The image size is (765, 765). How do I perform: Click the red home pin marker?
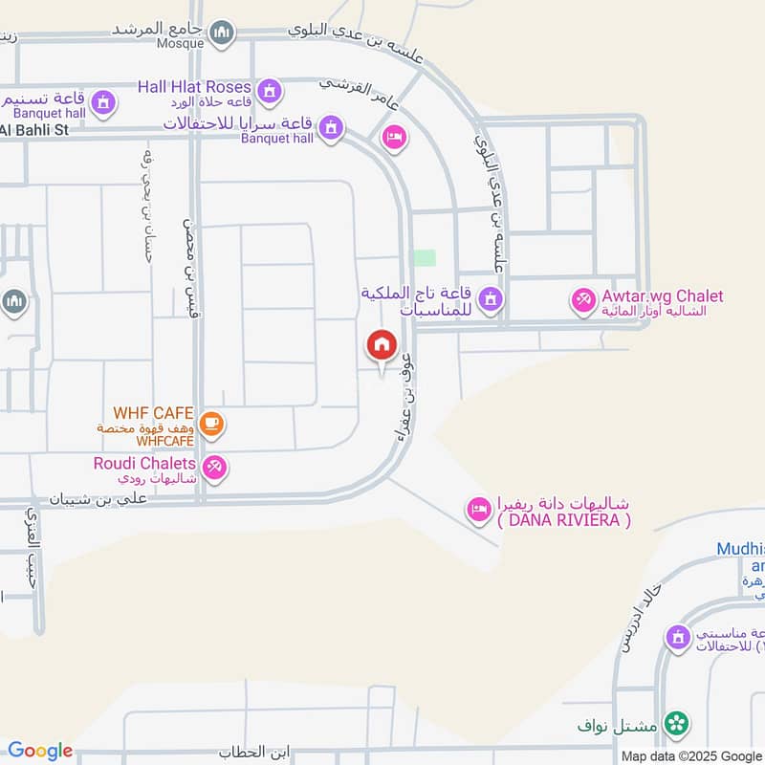381,345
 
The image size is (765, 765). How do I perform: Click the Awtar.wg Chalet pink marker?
581,300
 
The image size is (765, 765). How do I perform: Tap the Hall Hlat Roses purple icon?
270,90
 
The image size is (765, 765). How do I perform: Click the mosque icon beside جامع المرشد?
223,33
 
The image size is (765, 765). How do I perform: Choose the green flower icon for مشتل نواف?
677,723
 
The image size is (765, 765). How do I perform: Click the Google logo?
40,751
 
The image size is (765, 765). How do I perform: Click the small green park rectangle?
423,257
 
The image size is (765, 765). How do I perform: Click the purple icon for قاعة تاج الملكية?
491,300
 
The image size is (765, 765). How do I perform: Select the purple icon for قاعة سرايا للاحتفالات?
331,127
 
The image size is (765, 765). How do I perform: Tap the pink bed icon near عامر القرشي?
393,140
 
